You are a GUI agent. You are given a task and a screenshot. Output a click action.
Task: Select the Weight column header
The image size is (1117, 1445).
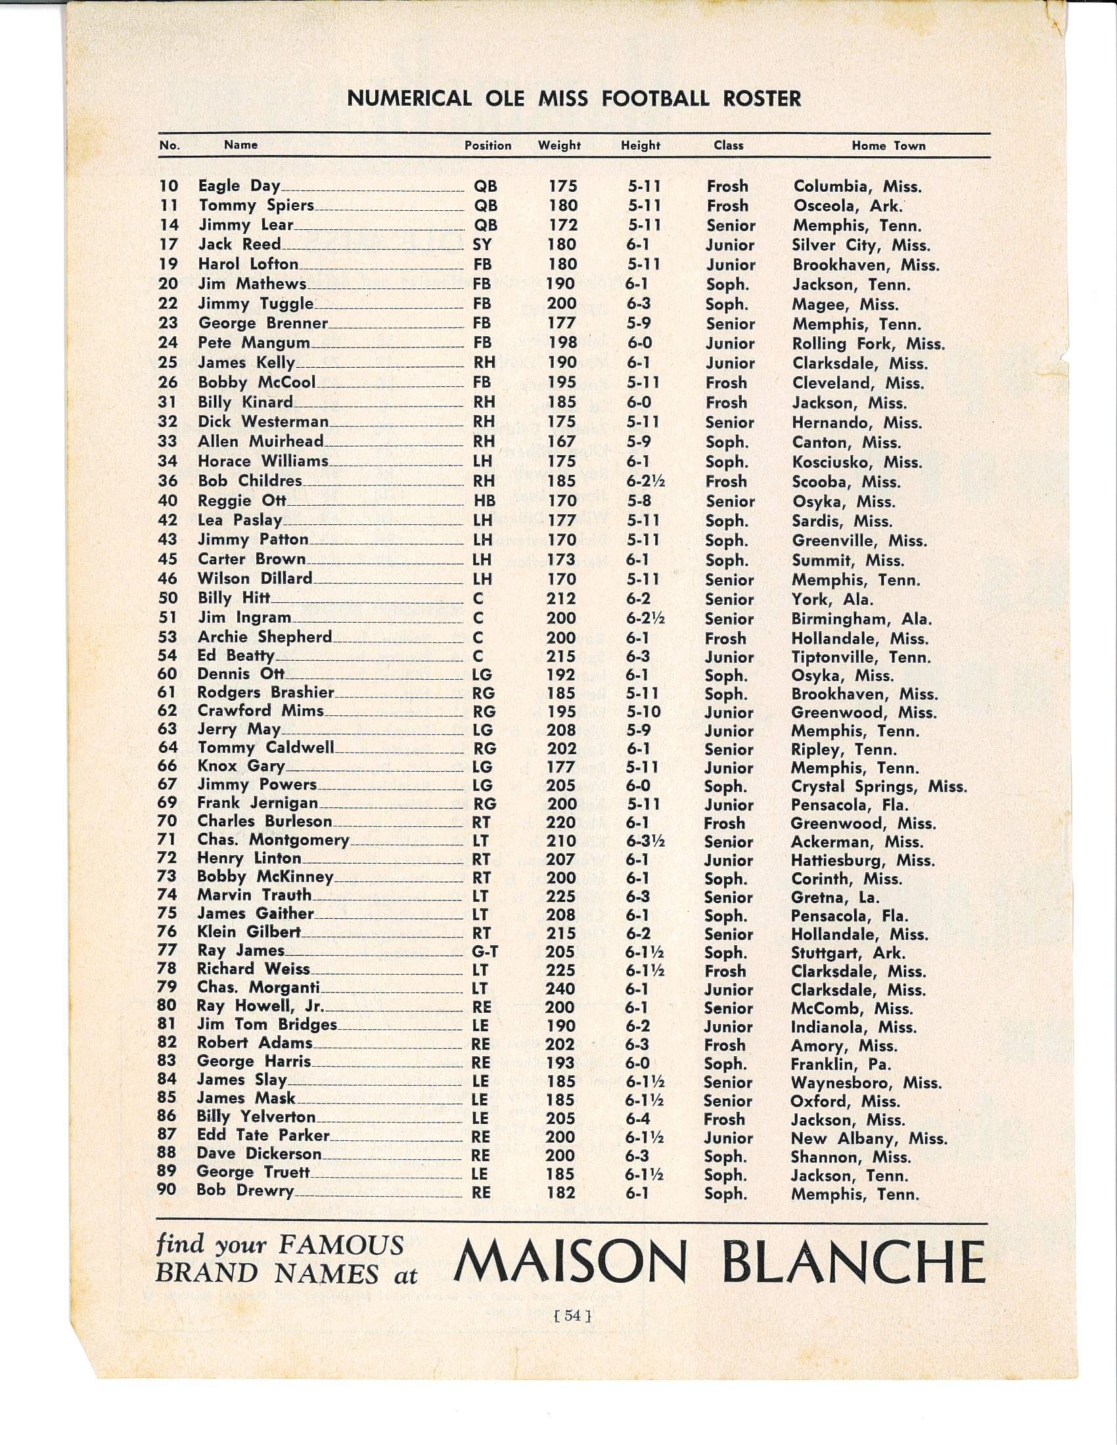pos(559,146)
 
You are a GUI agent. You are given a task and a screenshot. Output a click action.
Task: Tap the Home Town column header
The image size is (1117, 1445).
pos(888,146)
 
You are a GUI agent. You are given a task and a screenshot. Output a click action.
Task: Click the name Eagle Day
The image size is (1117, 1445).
pos(240,186)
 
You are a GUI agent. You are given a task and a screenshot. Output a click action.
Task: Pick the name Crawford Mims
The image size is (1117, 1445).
pos(261,711)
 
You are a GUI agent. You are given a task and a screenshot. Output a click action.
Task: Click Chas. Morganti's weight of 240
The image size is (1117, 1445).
pos(561,989)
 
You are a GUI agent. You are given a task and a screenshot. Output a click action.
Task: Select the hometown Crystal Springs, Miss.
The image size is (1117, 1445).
pos(878,787)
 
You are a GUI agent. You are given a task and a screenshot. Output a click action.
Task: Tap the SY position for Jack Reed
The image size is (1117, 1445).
pos(482,245)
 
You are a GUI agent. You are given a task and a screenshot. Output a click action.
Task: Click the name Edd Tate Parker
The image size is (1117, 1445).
pos(263,1136)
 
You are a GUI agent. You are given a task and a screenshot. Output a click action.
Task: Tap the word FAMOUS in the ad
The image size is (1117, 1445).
pos(341,1246)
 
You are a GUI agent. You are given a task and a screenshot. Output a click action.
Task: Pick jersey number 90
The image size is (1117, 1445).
pos(167,1190)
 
